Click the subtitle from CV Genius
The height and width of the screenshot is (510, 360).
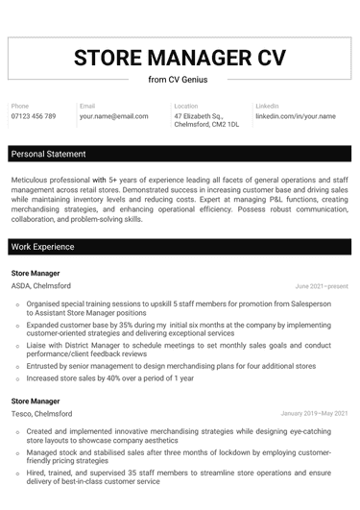(180, 79)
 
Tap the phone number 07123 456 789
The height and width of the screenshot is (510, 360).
(34, 116)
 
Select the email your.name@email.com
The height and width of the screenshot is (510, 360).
(114, 116)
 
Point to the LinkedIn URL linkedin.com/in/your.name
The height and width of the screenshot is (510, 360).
(296, 116)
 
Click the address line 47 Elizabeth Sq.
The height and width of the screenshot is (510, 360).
(199, 116)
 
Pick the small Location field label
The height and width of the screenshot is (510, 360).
(185, 106)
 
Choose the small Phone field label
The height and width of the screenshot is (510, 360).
(20, 106)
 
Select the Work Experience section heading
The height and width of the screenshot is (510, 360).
(42, 247)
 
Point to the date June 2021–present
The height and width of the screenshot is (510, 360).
(322, 287)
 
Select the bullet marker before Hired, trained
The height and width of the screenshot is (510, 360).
(17, 474)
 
